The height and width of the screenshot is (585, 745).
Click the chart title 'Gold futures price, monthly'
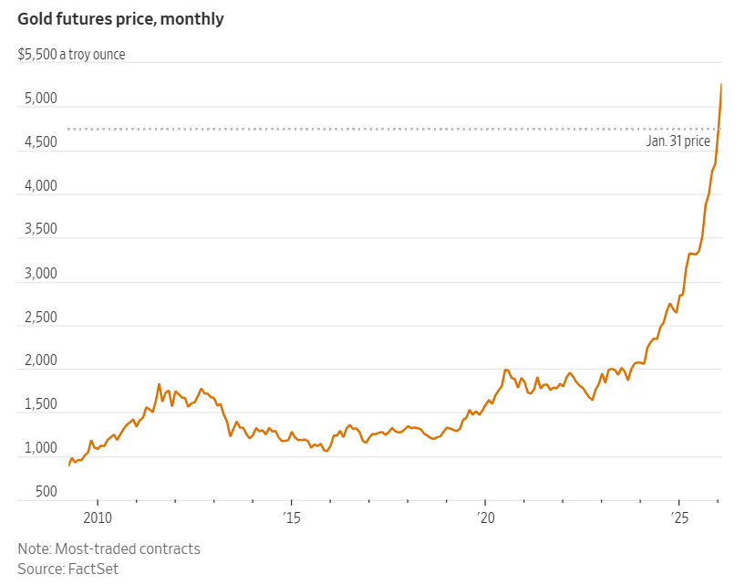tap(120, 18)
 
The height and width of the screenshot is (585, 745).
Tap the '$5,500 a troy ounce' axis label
tap(71, 55)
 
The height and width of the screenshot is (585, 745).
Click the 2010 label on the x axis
tap(98, 518)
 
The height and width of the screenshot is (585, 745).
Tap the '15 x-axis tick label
tap(291, 518)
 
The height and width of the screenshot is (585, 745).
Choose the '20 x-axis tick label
tap(485, 518)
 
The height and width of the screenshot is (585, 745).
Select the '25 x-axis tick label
tap(679, 518)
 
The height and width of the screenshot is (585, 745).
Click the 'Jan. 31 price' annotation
tap(678, 142)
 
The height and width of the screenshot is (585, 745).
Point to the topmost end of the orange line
tap(721, 84)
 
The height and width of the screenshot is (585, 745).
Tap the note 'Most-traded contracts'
tap(127, 549)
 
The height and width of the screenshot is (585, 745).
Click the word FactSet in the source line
tap(93, 569)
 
